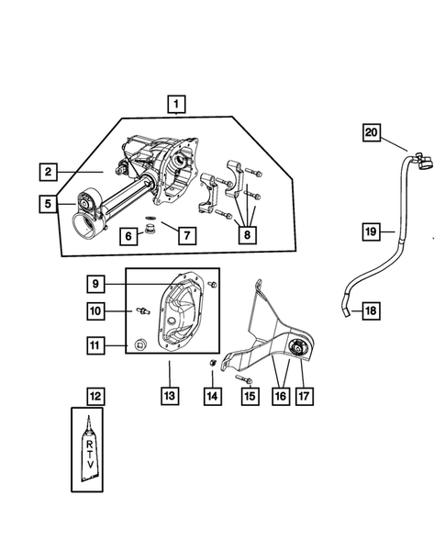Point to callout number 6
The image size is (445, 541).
tap(128, 236)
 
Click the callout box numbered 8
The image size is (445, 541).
tap(247, 236)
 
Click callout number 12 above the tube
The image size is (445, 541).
tap(96, 396)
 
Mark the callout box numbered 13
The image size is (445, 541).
tap(169, 396)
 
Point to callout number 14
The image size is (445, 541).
tap(213, 396)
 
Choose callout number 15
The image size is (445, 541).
tap(250, 396)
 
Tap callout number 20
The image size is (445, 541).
tap(370, 133)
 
